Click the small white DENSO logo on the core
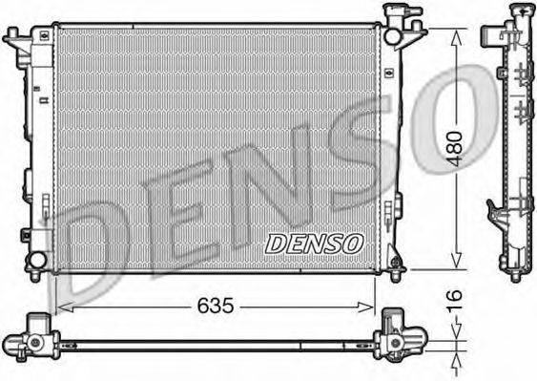(x=315, y=243)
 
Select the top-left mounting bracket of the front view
(x=16, y=42)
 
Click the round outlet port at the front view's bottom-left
(x=37, y=260)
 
